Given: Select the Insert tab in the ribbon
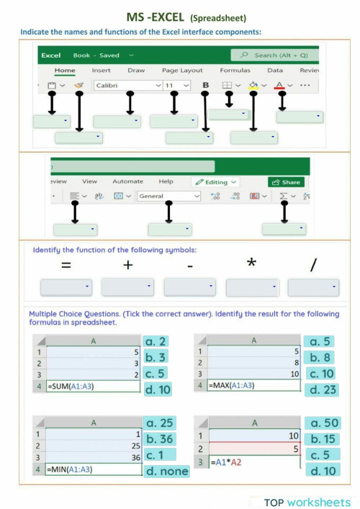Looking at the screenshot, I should coord(101,71).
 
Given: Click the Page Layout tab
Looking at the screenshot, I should coord(182,71).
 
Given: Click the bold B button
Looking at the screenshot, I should coord(206,85).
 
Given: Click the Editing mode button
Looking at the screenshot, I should coord(215,182).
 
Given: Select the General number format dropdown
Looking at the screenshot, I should coord(168,196).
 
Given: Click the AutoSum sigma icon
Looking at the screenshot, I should coord(284,196).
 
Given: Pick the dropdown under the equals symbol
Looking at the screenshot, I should coord(66,288).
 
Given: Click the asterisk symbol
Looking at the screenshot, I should coord(251,263).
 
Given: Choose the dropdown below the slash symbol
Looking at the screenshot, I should coord(313,288).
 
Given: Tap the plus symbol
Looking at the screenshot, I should coord(128,265).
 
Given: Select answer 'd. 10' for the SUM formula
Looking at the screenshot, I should coord(158,389).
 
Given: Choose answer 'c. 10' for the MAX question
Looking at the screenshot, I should coord(321,374).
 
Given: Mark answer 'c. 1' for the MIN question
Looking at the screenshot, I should coord(156,455).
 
